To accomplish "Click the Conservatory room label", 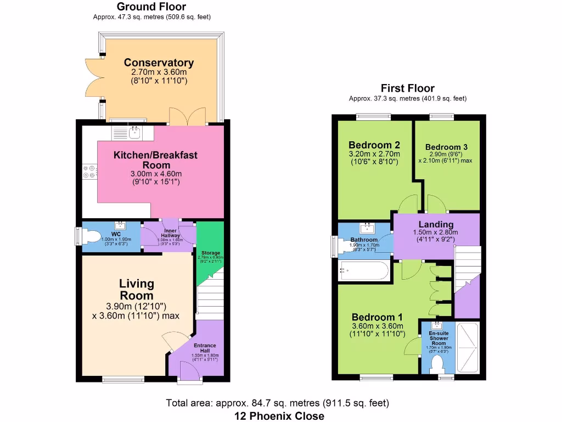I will coord(159,63).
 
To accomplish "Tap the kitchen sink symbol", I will coord(133,132).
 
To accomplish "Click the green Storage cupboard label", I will coord(210,253).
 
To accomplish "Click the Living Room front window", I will coord(123,378).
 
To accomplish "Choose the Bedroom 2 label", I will coord(374,145).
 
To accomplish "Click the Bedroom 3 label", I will coord(446,147).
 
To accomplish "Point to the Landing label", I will coord(436,224).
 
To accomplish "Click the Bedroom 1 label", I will coord(378,317).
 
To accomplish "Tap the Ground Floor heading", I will coord(151,7).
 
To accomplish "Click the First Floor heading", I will coord(407,88).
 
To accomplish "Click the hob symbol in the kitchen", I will coord(89,172).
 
